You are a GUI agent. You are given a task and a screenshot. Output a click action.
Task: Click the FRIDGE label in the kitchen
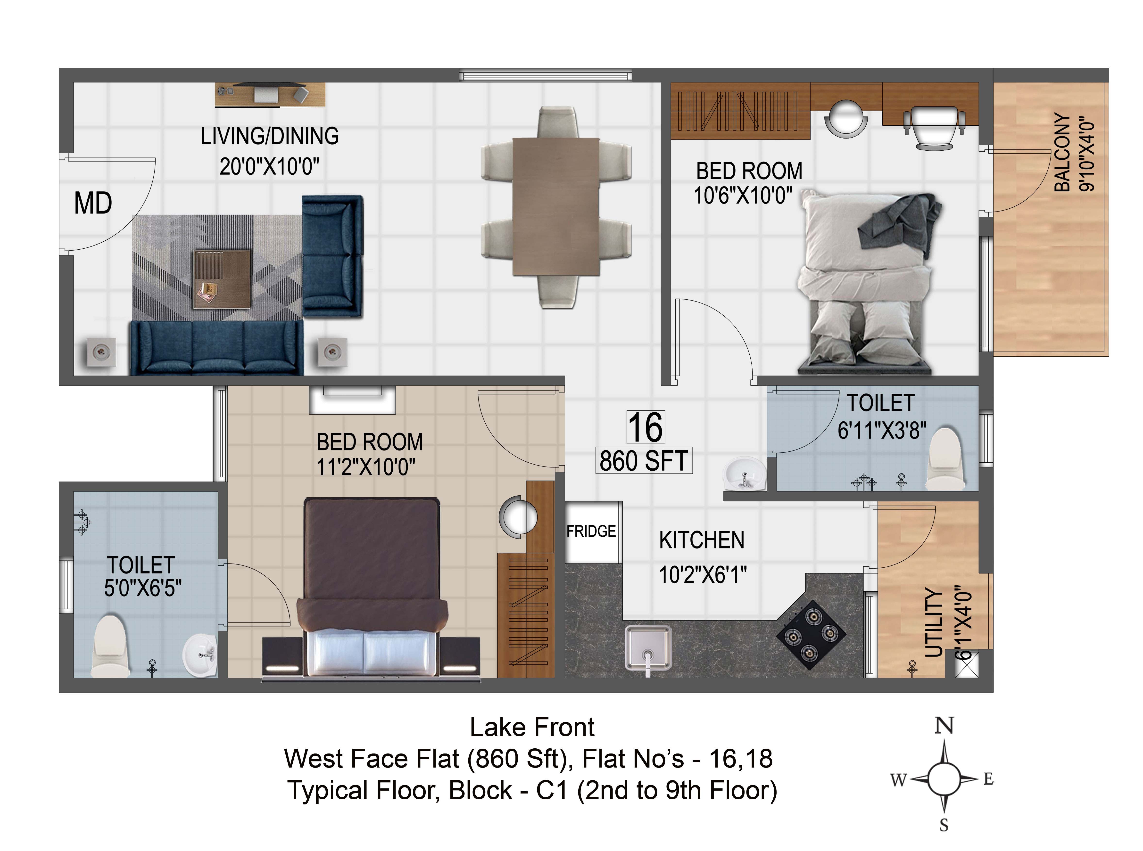pos(591,531)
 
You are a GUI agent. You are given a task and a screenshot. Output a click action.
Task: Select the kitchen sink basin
pos(648,647)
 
